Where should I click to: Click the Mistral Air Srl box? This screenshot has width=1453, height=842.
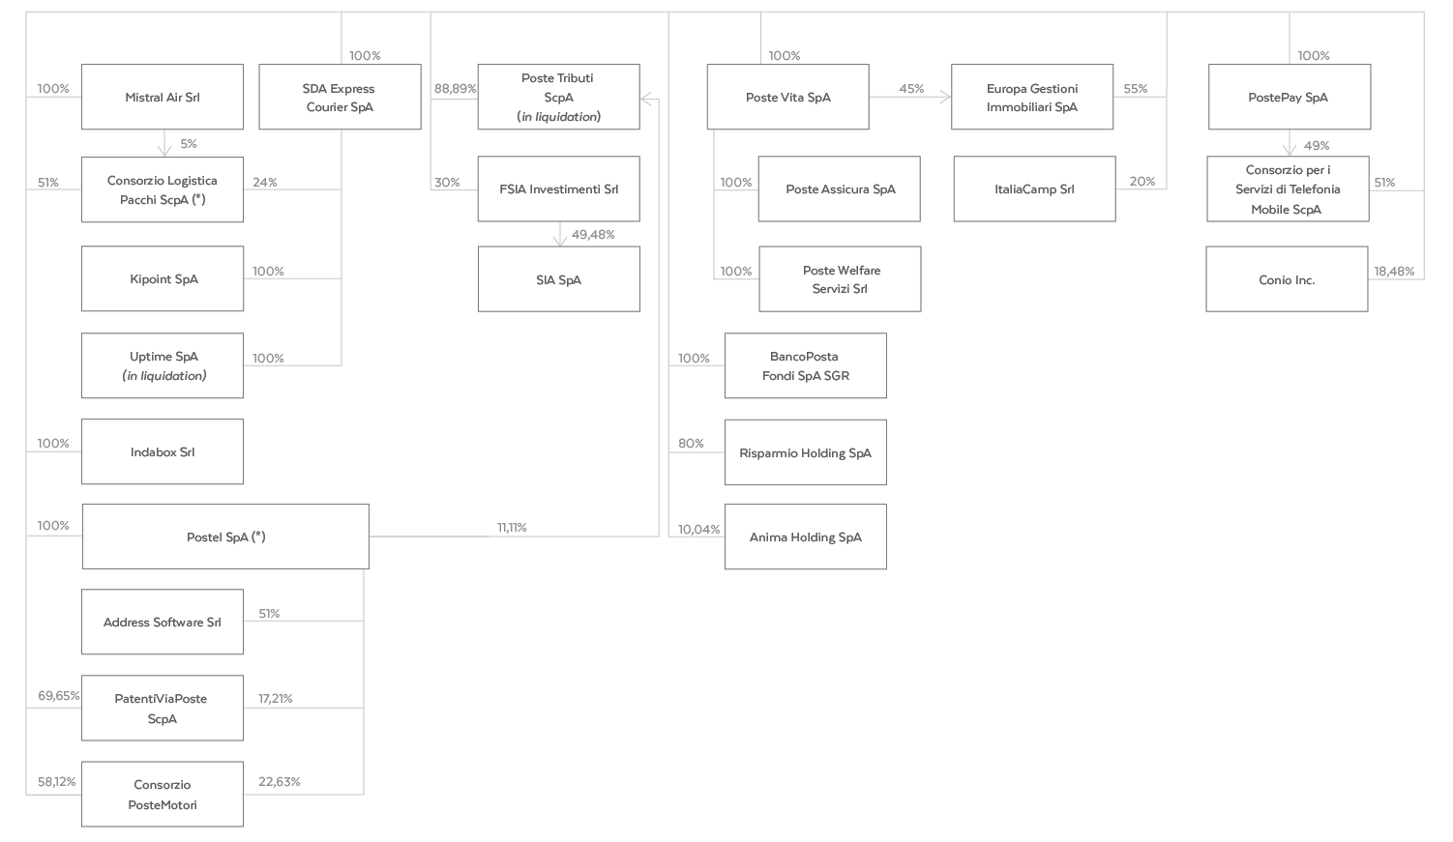(163, 97)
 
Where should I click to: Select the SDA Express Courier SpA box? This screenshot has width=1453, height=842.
(340, 97)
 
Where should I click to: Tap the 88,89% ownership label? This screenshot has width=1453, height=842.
(455, 88)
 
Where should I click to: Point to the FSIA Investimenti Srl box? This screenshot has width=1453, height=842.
(558, 189)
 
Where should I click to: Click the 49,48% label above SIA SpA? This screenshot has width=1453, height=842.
(593, 235)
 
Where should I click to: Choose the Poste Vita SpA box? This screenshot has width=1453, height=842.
(788, 97)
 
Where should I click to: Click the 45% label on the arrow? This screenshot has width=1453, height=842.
(911, 88)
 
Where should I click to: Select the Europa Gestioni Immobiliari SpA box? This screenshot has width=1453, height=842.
(1032, 97)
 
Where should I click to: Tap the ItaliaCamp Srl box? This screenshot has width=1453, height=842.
(1035, 189)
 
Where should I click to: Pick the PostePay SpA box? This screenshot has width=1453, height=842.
(1290, 97)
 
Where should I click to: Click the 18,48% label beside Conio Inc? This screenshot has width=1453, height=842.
(1394, 271)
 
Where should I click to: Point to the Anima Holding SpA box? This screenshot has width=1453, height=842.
(806, 537)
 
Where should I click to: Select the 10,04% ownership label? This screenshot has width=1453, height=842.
(698, 529)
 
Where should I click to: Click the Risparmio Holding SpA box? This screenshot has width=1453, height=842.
(806, 452)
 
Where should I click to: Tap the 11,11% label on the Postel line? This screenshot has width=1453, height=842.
(512, 528)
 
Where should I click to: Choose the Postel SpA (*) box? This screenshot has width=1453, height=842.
(225, 537)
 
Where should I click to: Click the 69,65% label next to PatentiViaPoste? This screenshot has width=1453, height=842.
(58, 695)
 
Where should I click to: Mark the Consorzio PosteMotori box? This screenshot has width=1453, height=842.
(163, 794)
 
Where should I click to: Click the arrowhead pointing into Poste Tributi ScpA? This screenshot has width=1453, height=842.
(645, 100)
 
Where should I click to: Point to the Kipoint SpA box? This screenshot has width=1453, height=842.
(163, 278)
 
